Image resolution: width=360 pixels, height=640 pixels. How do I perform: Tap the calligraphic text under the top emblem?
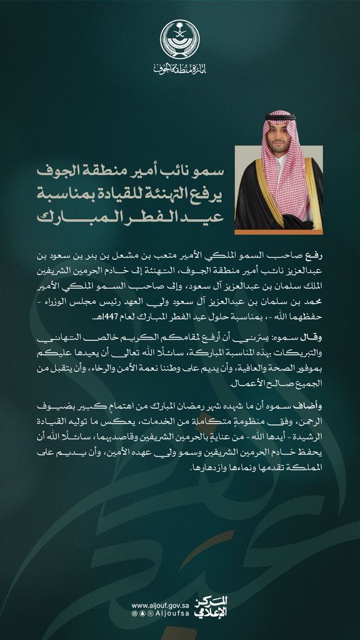[179, 67]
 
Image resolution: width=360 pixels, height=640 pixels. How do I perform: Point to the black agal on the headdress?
[279, 117]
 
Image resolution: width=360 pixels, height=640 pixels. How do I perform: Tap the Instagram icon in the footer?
[134, 616]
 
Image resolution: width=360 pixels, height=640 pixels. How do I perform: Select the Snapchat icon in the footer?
[142, 616]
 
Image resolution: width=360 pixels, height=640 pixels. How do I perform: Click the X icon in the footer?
[149, 616]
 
